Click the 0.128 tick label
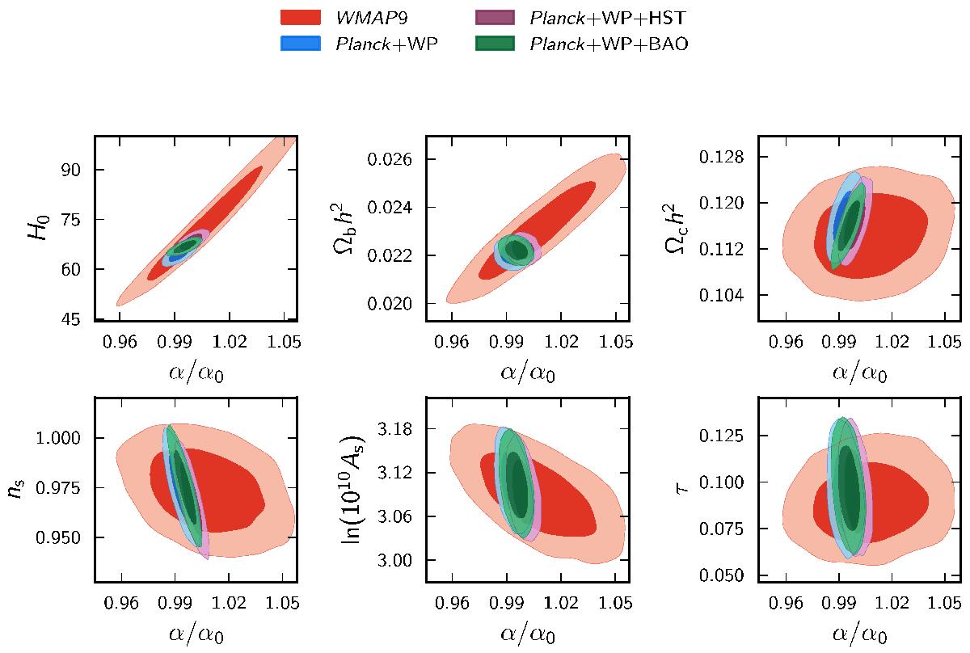point(731,156)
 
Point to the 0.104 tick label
point(731,296)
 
